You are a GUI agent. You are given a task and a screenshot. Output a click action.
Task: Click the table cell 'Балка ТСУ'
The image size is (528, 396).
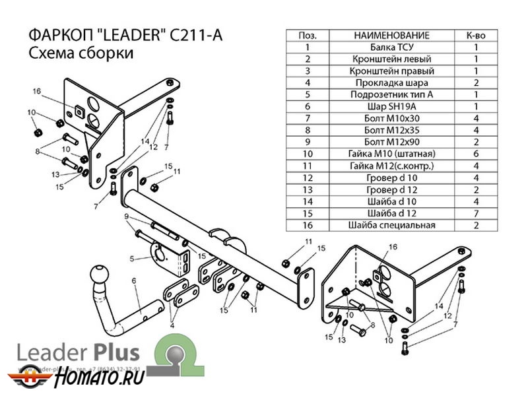tap(391, 47)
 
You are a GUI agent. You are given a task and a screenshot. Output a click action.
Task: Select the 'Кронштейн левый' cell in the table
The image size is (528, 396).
tap(391, 59)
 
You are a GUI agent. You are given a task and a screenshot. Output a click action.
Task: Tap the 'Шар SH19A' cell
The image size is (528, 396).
tap(391, 106)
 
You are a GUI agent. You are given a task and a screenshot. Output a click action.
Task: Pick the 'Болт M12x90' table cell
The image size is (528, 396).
tap(391, 142)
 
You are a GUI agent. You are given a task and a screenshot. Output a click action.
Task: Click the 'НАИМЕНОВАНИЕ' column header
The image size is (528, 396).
tap(391, 35)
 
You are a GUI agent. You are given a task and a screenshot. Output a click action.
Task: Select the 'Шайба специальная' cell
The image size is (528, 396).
tap(391, 225)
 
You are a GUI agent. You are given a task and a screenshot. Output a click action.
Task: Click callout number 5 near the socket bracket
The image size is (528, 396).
tap(132, 257)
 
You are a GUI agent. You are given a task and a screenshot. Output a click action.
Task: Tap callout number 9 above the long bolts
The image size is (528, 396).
tap(125, 216)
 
